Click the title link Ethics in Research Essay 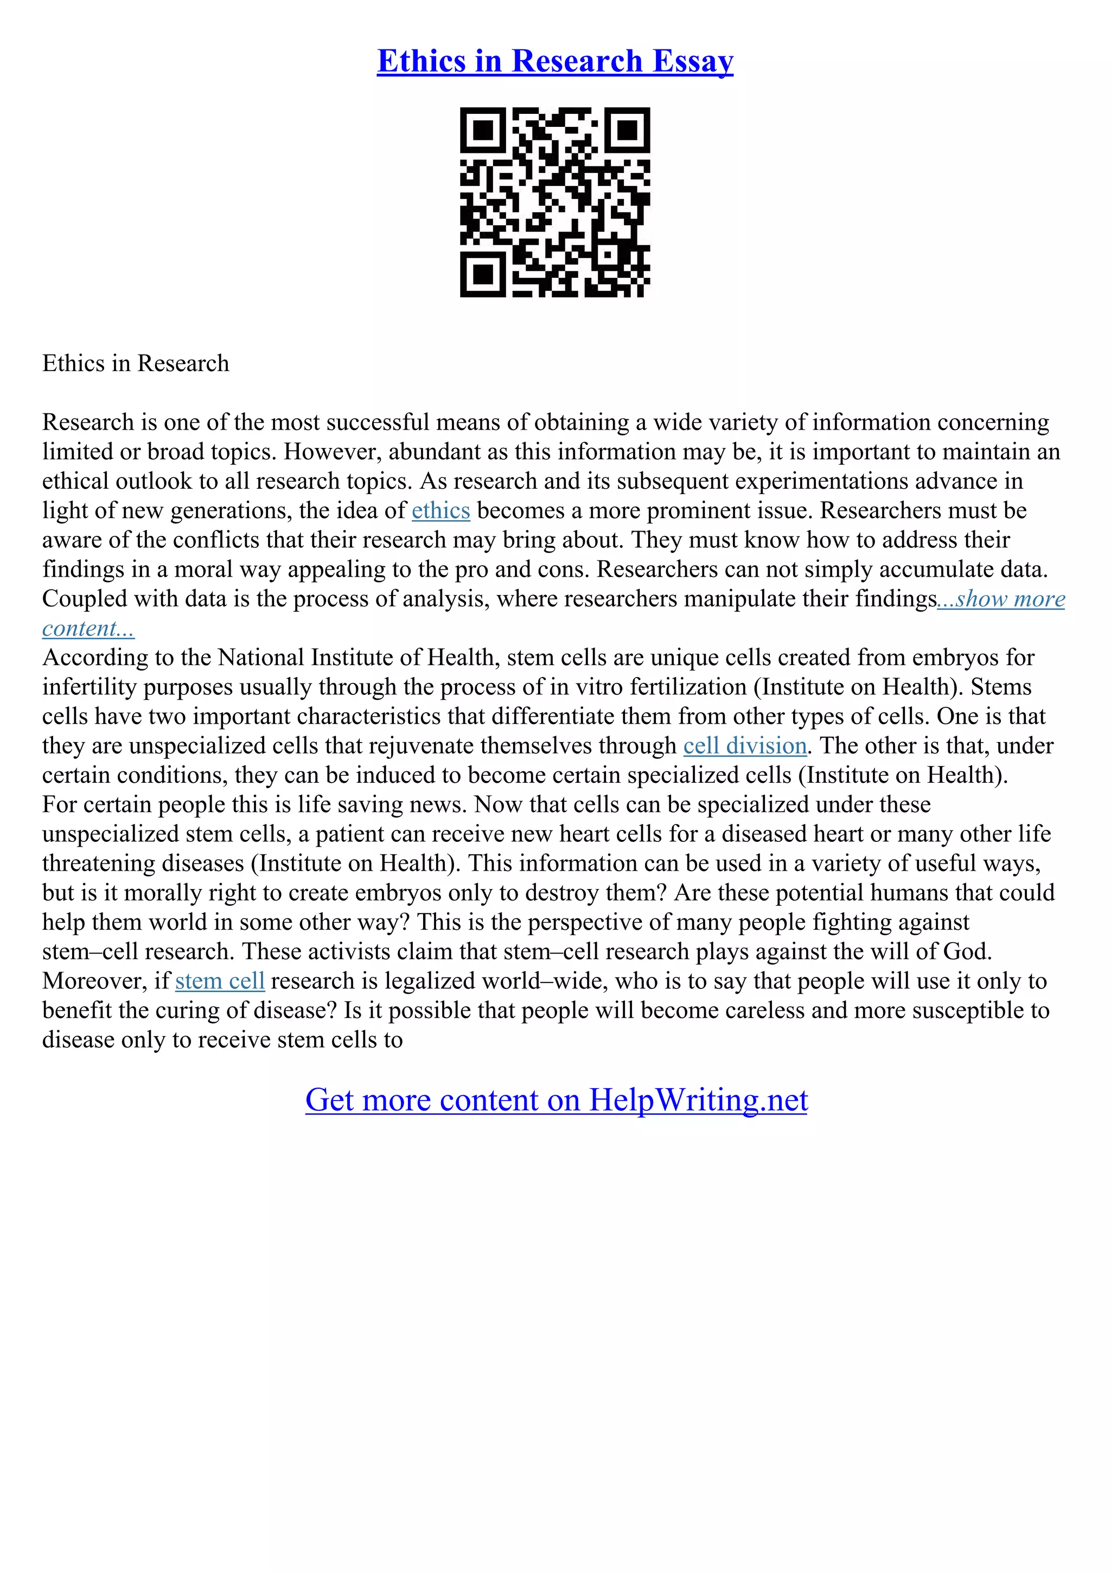point(554,61)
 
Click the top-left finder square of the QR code point(483,130)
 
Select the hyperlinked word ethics point(441,511)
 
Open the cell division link point(745,746)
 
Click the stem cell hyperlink point(220,981)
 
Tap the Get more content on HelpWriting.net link point(556,1100)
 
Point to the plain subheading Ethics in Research point(136,363)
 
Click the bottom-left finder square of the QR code point(483,274)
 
